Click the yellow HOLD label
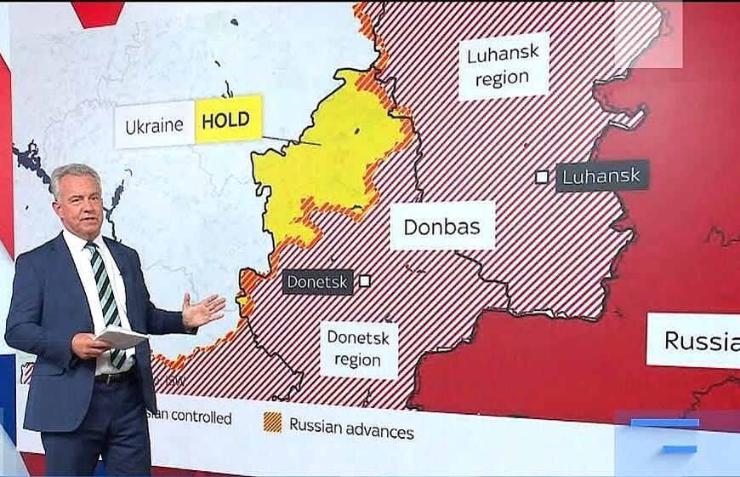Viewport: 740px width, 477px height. (x=227, y=119)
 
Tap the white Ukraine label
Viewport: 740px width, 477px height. (x=154, y=126)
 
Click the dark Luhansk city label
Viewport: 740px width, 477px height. (x=602, y=175)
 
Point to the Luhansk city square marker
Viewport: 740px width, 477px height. (x=542, y=176)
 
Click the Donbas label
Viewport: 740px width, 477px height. (x=441, y=227)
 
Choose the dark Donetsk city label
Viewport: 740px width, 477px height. (x=317, y=281)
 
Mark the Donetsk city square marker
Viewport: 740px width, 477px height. (x=365, y=280)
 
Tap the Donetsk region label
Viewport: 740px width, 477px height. (x=358, y=348)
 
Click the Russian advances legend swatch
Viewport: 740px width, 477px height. (x=272, y=422)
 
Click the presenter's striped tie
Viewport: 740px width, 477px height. (x=106, y=290)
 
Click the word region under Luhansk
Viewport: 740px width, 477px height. (x=501, y=79)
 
